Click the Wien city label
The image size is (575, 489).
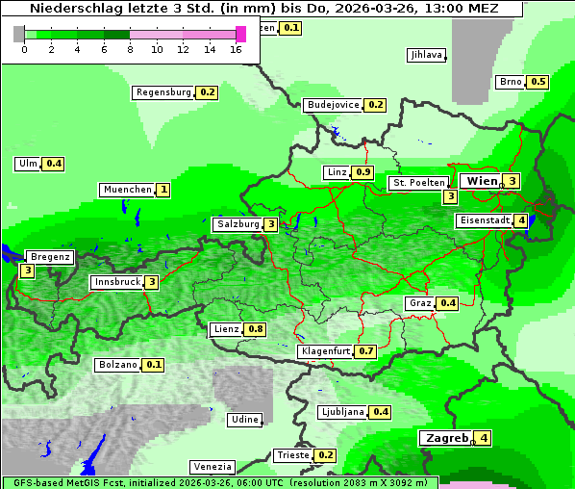coord(483,181)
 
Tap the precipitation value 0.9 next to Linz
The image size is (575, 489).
coord(362,172)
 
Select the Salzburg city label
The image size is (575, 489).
coord(238,224)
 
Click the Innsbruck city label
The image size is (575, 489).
coord(116,282)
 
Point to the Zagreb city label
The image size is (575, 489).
coord(445,438)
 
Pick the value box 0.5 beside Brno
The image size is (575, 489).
coord(538,82)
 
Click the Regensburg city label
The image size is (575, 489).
coord(163,92)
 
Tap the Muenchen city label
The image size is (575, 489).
coord(127,190)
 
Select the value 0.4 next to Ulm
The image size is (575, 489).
coord(54,164)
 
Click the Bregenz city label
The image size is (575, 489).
coord(50,257)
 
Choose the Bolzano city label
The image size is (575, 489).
coord(118,365)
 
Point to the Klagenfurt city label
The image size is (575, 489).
coord(325,351)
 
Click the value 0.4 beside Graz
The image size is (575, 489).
coord(447,303)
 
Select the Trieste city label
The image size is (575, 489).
coord(292,455)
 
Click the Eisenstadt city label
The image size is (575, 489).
coord(484,220)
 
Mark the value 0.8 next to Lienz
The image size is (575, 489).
coord(255,329)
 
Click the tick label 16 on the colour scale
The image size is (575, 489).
coord(237,49)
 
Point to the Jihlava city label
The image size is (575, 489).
coord(426,55)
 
